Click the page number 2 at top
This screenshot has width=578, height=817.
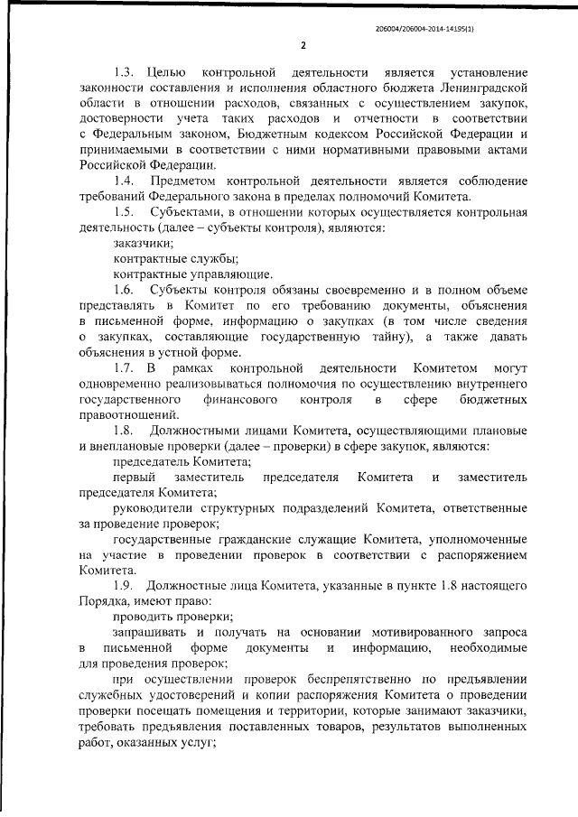click(303, 45)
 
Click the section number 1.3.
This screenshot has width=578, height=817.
click(125, 71)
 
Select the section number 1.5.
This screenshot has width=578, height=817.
click(125, 211)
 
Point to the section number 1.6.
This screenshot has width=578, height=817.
click(125, 289)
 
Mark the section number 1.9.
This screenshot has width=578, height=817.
click(125, 586)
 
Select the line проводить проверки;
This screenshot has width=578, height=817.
click(173, 617)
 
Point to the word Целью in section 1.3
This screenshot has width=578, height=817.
click(165, 71)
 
